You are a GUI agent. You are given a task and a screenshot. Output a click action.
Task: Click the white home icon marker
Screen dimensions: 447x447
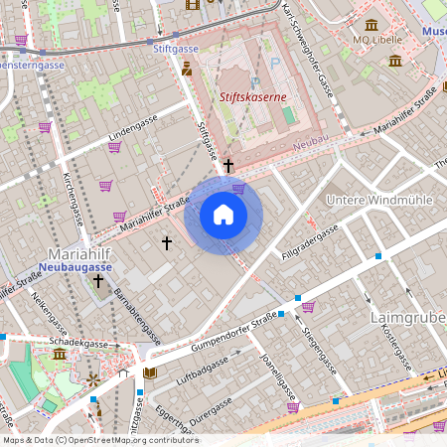click(223, 215)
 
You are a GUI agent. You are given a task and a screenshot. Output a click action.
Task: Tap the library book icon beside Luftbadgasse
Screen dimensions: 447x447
click(150, 373)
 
